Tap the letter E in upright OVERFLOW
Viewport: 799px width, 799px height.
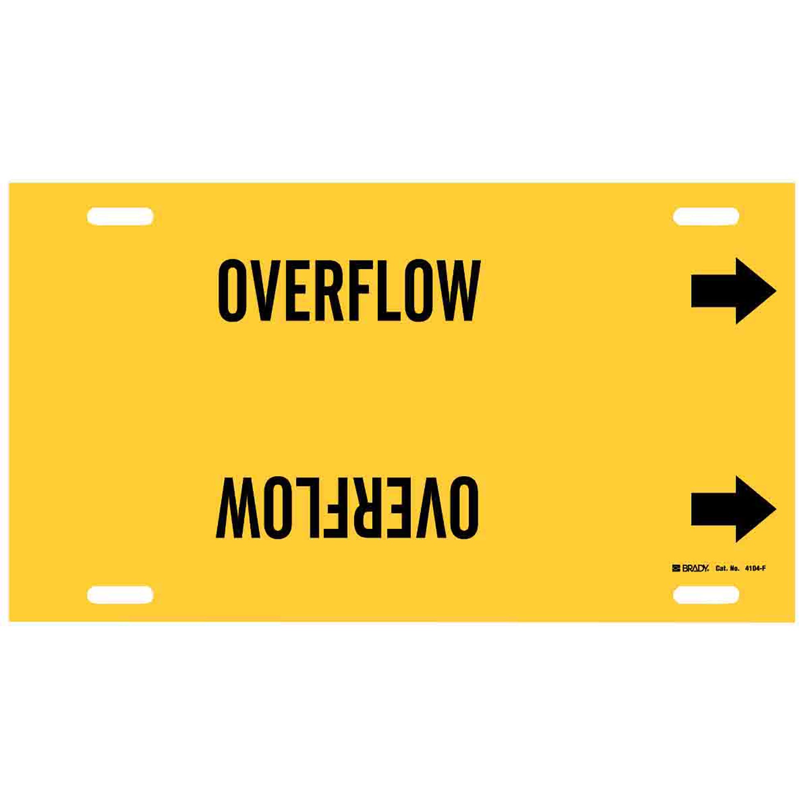click(x=298, y=290)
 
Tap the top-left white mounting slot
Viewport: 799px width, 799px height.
click(x=120, y=216)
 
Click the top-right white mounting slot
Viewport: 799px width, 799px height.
click(x=706, y=216)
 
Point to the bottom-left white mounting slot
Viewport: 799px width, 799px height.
click(x=120, y=594)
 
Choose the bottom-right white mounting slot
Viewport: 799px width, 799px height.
click(x=706, y=594)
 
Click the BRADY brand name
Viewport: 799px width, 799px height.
click(x=696, y=568)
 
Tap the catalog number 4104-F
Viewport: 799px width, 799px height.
click(x=755, y=568)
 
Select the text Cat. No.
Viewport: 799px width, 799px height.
click(x=728, y=568)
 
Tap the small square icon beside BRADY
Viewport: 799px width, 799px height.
click(x=677, y=568)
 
